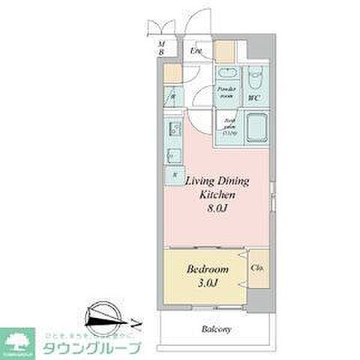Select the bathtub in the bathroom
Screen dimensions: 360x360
pyautogui.click(x=256, y=127)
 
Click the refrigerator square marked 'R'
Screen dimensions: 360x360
pyautogui.click(x=175, y=174)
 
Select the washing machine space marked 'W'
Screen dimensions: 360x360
pyautogui.click(x=172, y=96)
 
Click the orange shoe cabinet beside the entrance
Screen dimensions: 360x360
pyautogui.click(x=223, y=50)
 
